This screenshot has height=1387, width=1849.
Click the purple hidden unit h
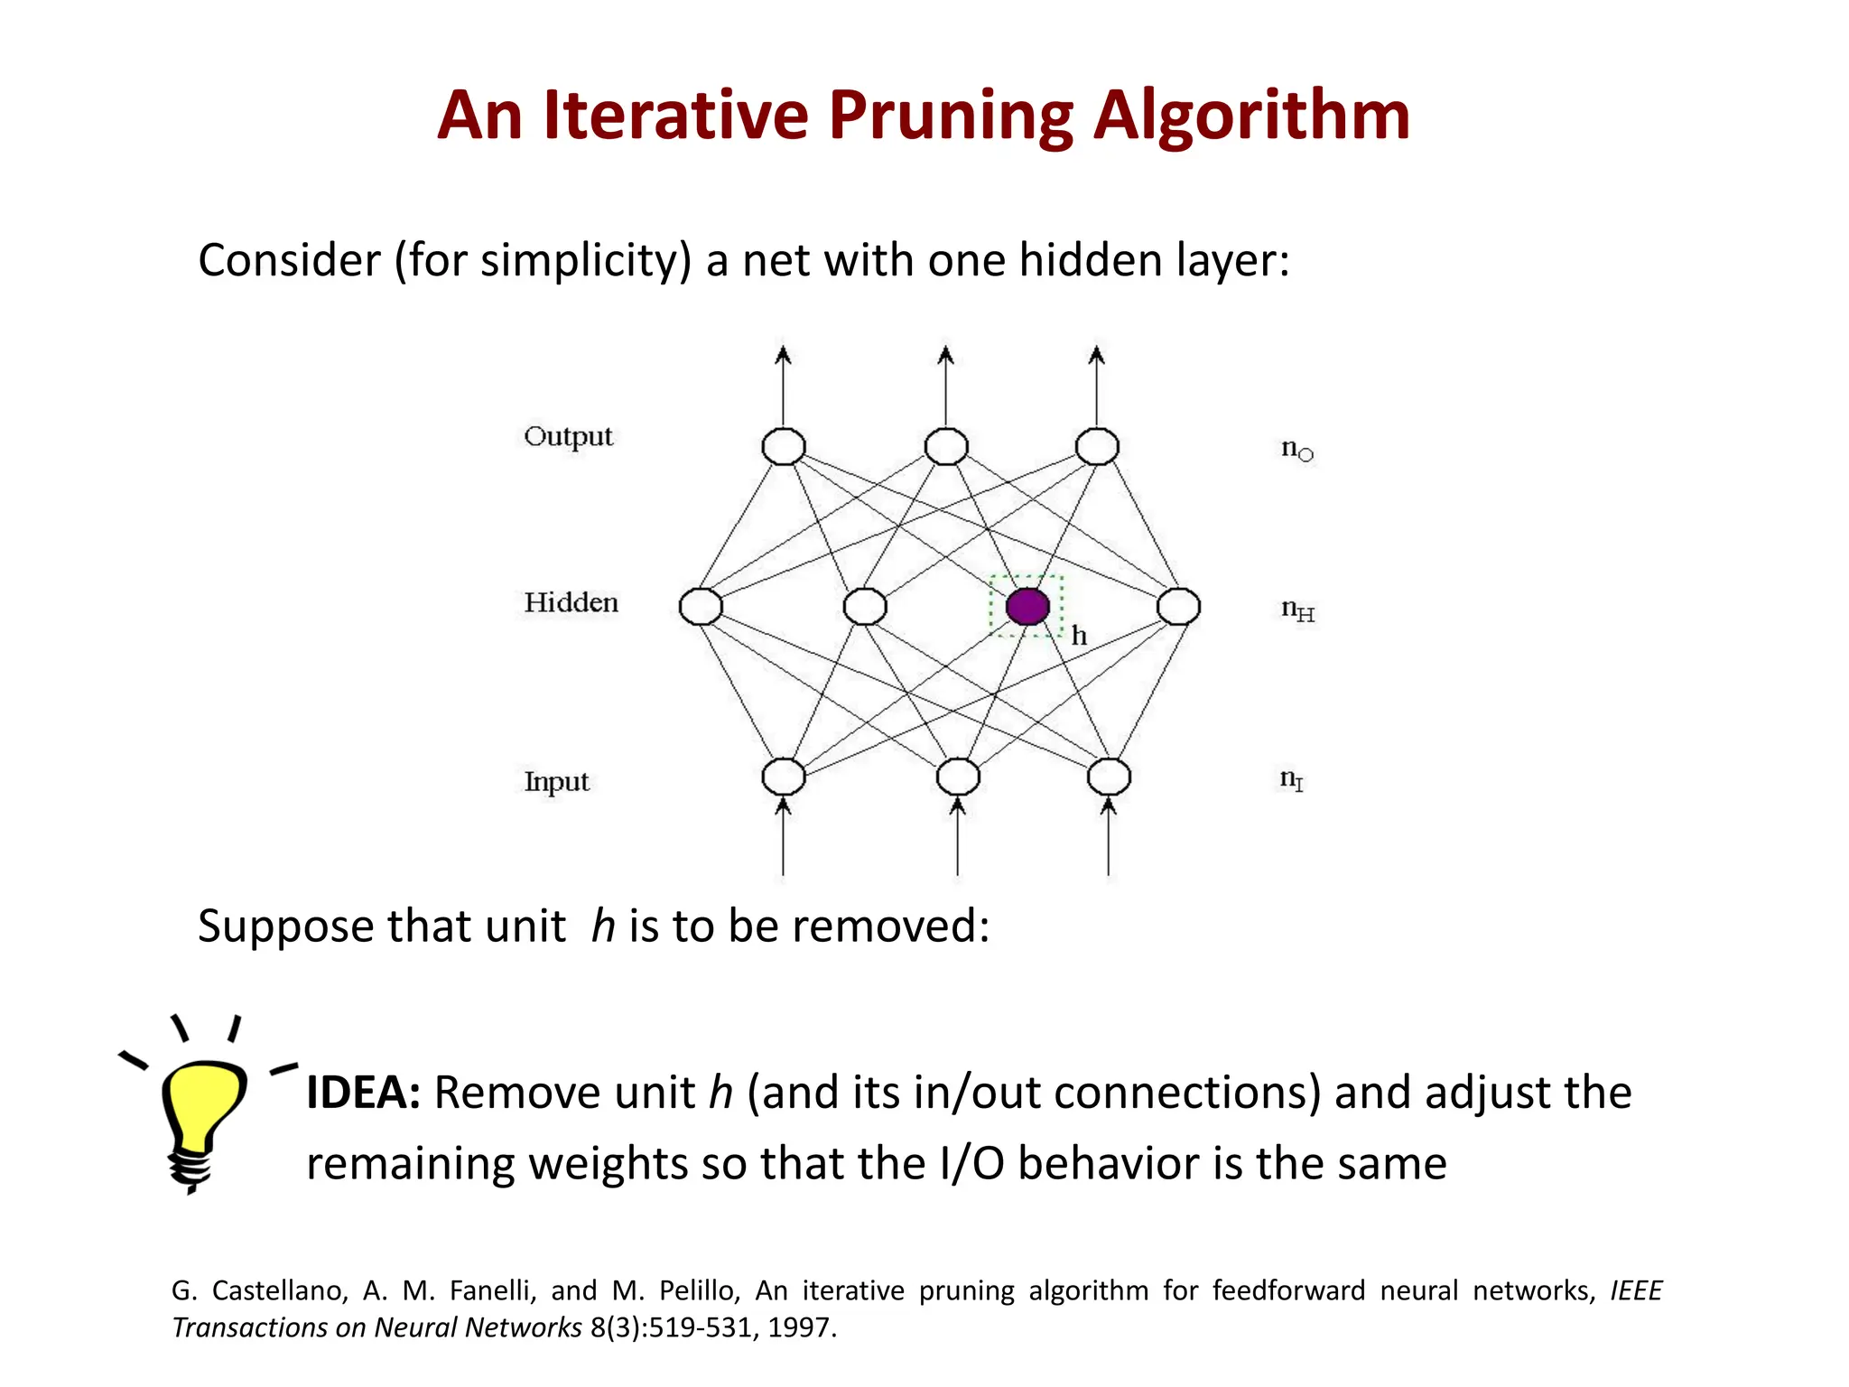coord(1027,607)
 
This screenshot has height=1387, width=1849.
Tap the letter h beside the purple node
coord(1079,637)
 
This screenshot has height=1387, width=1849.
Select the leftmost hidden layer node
coord(701,607)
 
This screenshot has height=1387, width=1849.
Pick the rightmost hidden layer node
coord(1178,607)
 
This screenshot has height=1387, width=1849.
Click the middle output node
coord(946,446)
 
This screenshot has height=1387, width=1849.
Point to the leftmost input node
coord(783,777)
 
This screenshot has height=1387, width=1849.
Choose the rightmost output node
coord(1097,446)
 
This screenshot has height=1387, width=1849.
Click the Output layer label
coord(568,436)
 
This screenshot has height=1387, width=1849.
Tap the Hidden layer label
coord(571,602)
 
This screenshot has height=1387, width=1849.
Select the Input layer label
coord(556,781)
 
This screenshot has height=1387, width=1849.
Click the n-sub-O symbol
coord(1297,449)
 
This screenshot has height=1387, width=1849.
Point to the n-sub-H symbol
coord(1297,610)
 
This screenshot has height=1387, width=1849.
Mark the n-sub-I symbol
coord(1291,779)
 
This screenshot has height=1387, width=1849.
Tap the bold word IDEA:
coord(363,1093)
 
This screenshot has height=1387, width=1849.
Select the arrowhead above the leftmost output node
coord(783,354)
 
